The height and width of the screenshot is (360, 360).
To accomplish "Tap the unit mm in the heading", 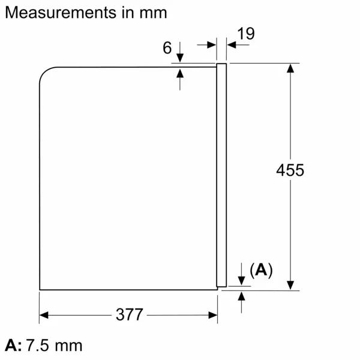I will click(x=152, y=12).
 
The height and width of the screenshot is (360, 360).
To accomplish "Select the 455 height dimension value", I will click(x=290, y=170).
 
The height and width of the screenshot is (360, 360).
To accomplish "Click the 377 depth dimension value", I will click(x=129, y=314).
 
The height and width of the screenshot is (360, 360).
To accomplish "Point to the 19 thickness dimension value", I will click(x=245, y=34).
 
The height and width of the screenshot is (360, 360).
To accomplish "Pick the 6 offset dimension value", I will click(x=167, y=49).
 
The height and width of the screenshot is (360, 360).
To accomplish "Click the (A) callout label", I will click(x=260, y=271).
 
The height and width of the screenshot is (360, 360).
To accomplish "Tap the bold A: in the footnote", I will click(x=13, y=346).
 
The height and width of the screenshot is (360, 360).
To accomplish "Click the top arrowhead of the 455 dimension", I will click(x=290, y=68).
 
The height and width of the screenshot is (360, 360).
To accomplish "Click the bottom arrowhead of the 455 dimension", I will click(x=290, y=285).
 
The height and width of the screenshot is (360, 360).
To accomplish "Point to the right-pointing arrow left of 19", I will click(x=211, y=44).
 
